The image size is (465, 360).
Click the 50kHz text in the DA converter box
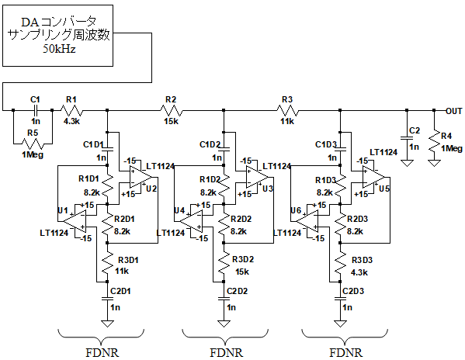pos(59,49)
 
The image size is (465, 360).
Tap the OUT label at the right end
pos(454,111)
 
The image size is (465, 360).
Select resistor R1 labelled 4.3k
pos(71,111)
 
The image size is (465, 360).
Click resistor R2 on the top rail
pos(171,111)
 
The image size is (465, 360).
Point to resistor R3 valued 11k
pos(287,111)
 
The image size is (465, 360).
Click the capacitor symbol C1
pos(35,110)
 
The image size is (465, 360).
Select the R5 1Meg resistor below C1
pos(33,144)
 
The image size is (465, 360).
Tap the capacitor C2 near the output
pos(407,138)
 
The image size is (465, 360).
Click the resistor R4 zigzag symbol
pos(434,142)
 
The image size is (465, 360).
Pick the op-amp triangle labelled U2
pos(141,177)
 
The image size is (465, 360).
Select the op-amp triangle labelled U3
pos(257,177)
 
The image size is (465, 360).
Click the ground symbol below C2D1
pos(107,324)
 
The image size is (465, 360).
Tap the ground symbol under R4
pos(434,163)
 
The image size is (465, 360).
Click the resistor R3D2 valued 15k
pos(224,261)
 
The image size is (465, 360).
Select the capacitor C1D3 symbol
pos(340,149)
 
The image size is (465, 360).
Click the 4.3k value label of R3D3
pos(359,272)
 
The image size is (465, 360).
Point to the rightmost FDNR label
pos(345,353)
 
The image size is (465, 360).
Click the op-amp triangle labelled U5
pos(373,177)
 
